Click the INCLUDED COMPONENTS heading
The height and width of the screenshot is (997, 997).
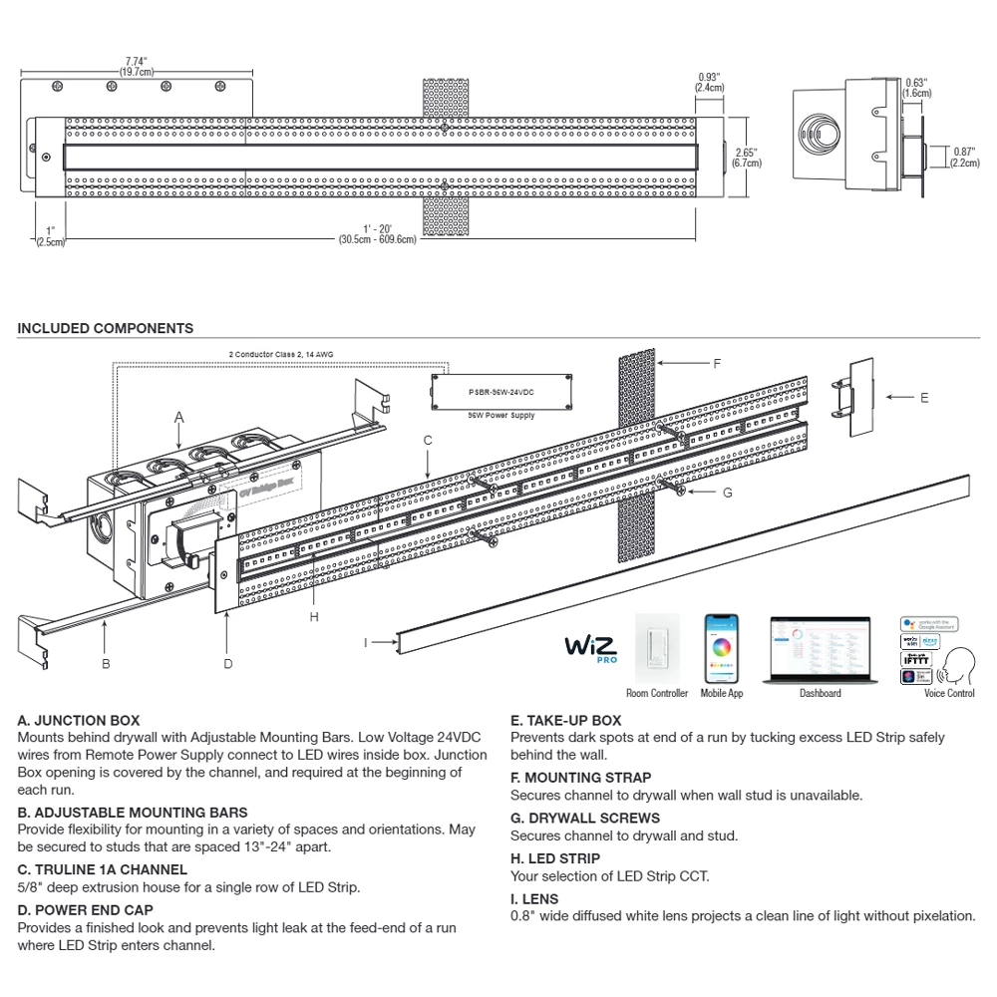tap(106, 328)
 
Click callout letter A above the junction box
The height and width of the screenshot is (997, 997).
tap(179, 415)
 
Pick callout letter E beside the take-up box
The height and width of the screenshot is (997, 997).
tap(924, 398)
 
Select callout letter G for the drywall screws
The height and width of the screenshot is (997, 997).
tap(727, 492)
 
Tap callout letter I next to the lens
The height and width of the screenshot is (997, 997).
tap(366, 643)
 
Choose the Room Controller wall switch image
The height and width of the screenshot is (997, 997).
tap(657, 651)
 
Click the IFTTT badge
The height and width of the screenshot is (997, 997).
tap(915, 658)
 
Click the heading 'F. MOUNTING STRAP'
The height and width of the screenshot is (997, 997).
tap(580, 777)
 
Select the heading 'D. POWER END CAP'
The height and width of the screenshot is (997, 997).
tap(86, 909)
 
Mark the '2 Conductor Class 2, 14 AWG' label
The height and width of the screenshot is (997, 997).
tap(283, 354)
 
